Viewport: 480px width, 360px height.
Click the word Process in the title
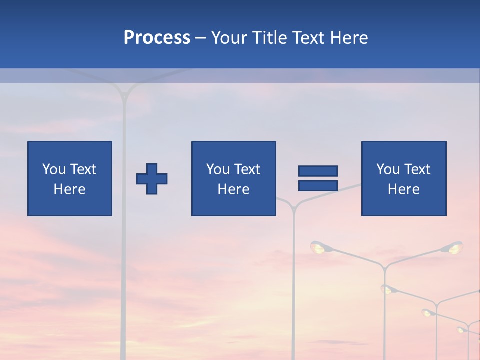pos(157,38)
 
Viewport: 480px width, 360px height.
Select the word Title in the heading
pos(268,38)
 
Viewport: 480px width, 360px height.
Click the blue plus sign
pos(152,179)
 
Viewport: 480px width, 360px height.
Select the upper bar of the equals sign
pos(318,171)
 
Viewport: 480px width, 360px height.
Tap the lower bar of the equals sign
pos(318,185)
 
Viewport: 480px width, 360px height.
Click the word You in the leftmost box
pos(54,169)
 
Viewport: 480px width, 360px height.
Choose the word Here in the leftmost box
pos(69,189)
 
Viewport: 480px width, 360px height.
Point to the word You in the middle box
pos(218,169)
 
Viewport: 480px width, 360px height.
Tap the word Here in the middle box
pos(233,189)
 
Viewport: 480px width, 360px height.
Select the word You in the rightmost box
pos(388,169)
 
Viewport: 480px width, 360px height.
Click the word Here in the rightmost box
pos(403,189)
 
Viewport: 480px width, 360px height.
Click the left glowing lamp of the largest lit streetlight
pos(318,247)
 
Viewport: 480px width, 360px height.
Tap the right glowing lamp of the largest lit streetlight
pos(455,247)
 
